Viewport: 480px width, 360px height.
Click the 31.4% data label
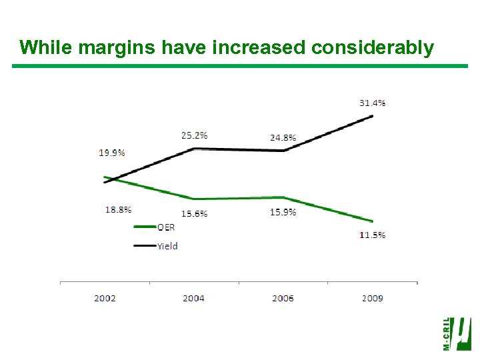[372, 103]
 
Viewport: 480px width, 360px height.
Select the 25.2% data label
[194, 135]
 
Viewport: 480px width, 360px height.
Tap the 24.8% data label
[283, 138]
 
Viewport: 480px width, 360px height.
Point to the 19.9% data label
[112, 153]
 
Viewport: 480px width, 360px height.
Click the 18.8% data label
[118, 209]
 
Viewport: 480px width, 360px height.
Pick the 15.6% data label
[194, 213]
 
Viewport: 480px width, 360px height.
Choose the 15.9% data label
[283, 212]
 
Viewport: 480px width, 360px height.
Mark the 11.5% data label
[372, 235]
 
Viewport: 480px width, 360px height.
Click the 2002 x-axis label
[105, 298]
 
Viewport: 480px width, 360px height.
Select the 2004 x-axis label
[194, 298]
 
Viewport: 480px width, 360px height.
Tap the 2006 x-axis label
[283, 298]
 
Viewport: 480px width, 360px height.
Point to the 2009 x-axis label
[372, 298]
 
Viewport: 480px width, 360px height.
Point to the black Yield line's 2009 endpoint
[372, 116]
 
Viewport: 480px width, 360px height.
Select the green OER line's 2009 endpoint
[372, 221]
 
